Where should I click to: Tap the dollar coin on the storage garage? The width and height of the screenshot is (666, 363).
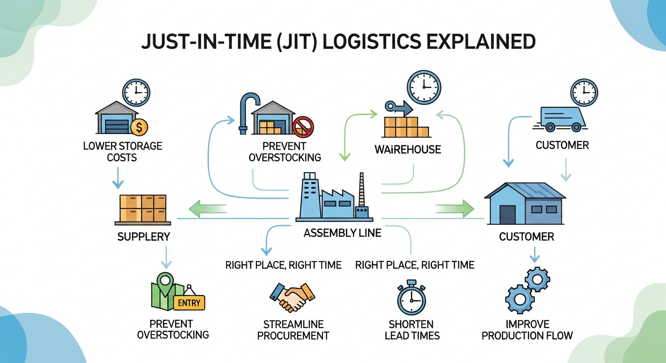pos(139,126)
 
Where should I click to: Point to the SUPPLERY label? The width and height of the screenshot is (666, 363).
pos(143,236)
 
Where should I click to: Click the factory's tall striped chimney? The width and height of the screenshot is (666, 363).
pos(362,194)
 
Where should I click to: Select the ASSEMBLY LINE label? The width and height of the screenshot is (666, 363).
pos(342,233)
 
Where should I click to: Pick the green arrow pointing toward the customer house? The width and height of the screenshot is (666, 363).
pos(455,208)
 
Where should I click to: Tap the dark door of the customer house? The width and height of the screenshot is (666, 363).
pos(507,214)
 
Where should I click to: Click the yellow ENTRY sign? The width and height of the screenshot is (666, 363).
pos(189,302)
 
